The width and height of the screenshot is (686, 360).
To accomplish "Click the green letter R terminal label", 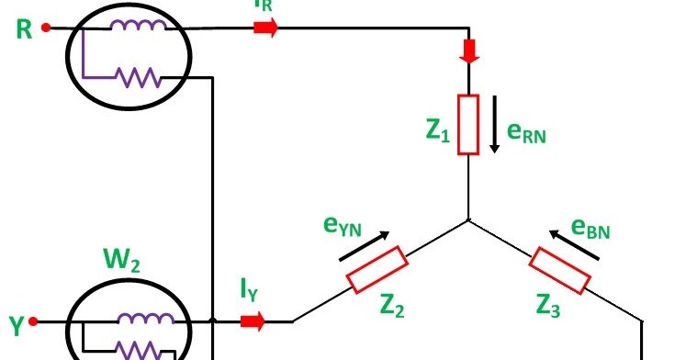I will (25, 29).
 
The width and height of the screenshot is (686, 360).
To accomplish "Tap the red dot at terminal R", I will (46, 28).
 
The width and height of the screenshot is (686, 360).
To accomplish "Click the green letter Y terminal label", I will (16, 324).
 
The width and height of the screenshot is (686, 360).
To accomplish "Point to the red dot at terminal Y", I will (34, 322).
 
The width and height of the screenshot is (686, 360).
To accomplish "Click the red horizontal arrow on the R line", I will (265, 28).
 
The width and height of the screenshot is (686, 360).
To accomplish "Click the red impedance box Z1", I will (469, 124).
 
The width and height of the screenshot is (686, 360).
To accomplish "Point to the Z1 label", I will (438, 132).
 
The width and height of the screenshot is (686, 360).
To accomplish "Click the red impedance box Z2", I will (376, 270).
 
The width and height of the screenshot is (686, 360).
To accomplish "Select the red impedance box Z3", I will (560, 270).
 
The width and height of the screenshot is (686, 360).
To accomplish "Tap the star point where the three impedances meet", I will (469, 220).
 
